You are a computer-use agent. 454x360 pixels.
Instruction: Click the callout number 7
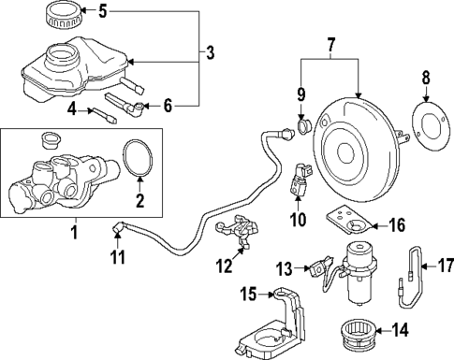[x=330, y=44]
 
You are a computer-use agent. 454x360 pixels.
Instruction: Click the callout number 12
[x=222, y=266]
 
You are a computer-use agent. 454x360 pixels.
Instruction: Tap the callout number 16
[x=399, y=224]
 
